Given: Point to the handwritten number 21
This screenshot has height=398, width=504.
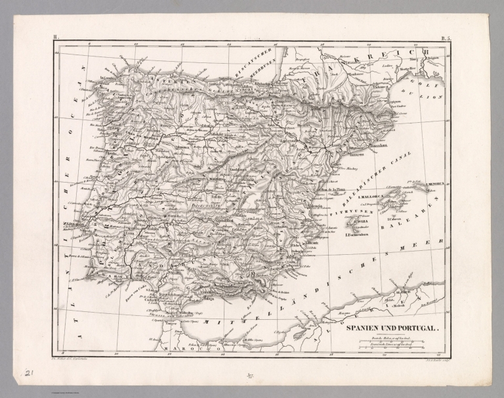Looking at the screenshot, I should coord(30,372).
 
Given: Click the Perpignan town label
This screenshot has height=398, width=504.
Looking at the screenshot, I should coord(394,102).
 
